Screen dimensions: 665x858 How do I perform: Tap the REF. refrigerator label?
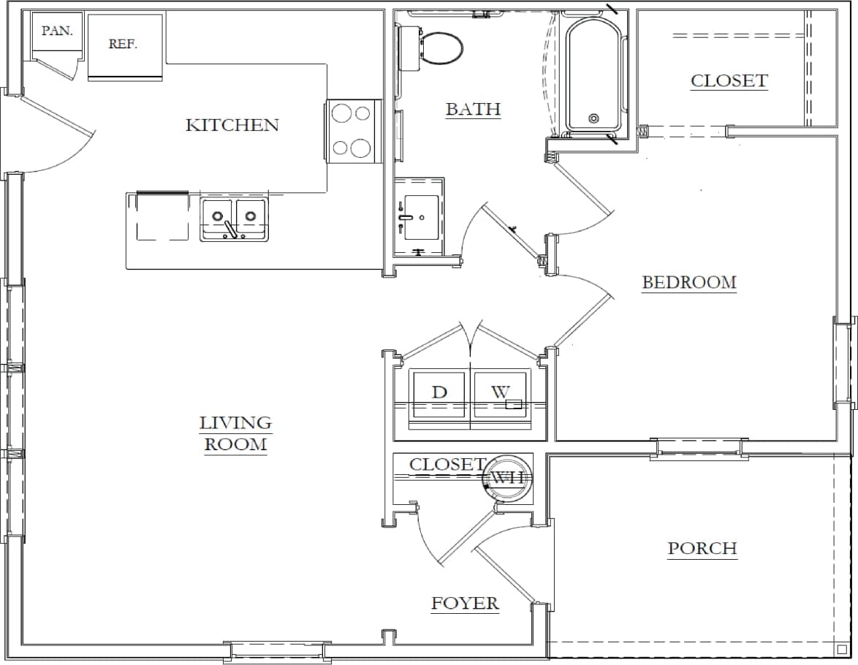(x=123, y=44)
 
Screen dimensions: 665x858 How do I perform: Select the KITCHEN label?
(x=232, y=125)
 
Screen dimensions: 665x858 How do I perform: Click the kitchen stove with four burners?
(x=352, y=131)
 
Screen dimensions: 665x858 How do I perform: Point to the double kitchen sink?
(x=234, y=218)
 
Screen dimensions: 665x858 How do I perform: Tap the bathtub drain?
(x=593, y=118)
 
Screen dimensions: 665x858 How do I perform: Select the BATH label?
(x=473, y=110)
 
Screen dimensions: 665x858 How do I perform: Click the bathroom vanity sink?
(x=421, y=217)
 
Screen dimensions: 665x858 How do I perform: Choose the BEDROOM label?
(x=688, y=283)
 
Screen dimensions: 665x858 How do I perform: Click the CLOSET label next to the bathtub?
(x=729, y=81)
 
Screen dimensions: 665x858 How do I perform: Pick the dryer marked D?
(x=439, y=393)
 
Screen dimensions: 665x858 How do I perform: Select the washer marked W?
(x=501, y=393)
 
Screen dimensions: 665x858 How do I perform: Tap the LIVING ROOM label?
(x=235, y=433)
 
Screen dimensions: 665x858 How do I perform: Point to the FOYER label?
(x=465, y=603)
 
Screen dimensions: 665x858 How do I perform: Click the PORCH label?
(x=702, y=549)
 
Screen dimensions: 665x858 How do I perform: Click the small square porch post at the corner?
(x=841, y=648)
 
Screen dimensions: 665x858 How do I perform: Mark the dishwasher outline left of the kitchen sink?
(x=162, y=217)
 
